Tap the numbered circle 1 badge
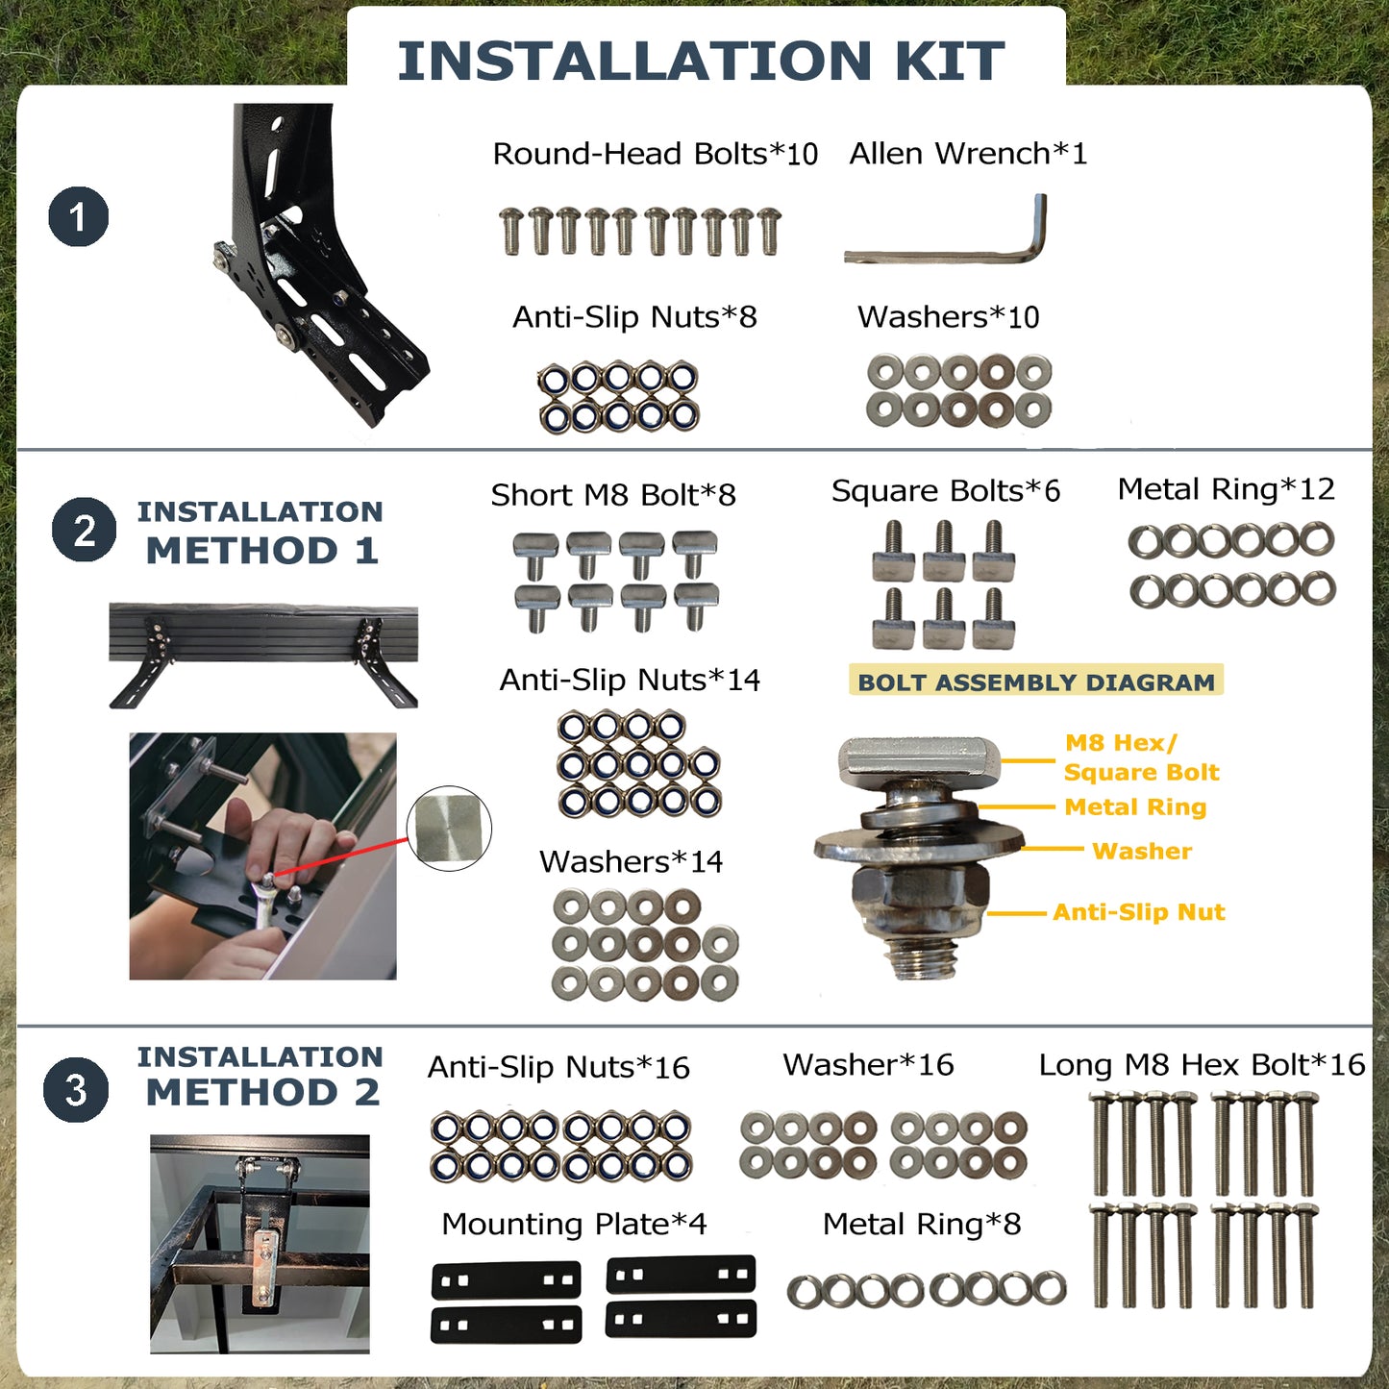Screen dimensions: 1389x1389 (x=79, y=216)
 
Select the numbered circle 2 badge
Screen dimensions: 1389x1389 (x=84, y=530)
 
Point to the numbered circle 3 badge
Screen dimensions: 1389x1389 (x=76, y=1090)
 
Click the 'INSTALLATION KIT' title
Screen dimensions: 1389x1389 (x=701, y=61)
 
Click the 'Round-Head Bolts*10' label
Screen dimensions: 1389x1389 (x=656, y=154)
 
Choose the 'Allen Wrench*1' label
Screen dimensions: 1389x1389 (x=968, y=153)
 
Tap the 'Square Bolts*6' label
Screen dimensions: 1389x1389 (x=946, y=491)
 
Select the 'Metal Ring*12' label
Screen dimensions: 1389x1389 (x=1227, y=488)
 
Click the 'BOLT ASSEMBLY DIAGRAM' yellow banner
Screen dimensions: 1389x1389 (x=1036, y=682)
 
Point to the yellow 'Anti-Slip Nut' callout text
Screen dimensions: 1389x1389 (x=1139, y=912)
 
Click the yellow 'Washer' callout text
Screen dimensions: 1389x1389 (x=1142, y=851)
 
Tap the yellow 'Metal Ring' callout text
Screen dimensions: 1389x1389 (x=1135, y=807)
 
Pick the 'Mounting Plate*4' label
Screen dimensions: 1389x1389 (x=574, y=1224)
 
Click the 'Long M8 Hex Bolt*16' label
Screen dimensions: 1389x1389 (x=1202, y=1065)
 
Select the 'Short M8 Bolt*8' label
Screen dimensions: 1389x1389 (x=613, y=494)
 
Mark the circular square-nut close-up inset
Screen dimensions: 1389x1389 (x=449, y=829)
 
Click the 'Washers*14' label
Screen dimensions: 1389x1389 (x=631, y=861)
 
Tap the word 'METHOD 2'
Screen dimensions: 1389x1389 (x=263, y=1092)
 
